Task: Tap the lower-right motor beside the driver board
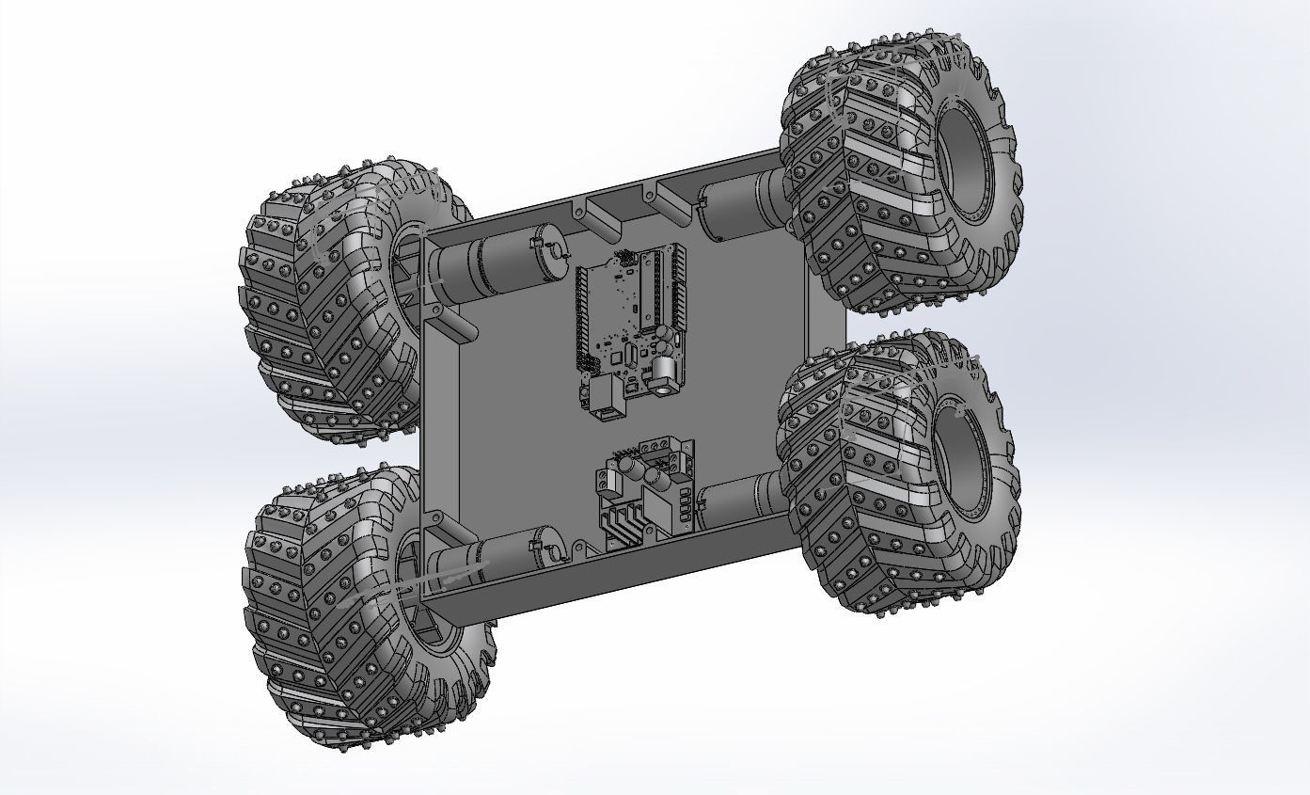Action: point(743,499)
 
